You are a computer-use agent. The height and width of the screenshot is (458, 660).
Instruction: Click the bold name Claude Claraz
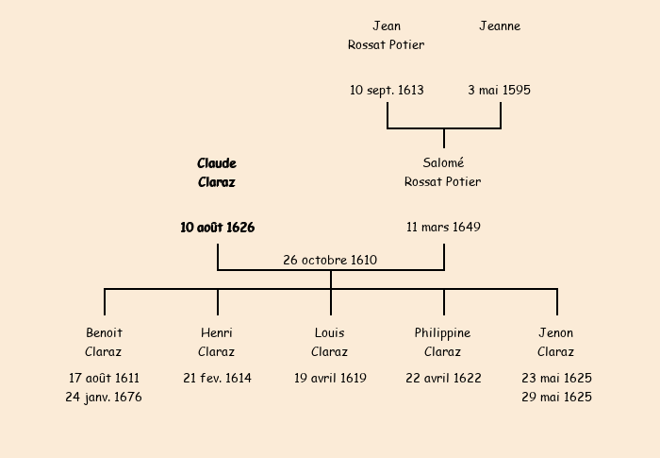pyautogui.click(x=217, y=173)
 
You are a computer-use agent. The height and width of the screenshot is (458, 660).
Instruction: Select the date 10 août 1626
pyautogui.click(x=217, y=228)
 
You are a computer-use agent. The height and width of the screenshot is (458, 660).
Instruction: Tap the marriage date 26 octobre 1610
pyautogui.click(x=330, y=260)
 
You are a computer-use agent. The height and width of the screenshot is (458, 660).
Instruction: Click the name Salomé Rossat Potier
pyautogui.click(x=443, y=173)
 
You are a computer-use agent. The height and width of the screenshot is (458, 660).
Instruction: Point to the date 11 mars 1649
pyautogui.click(x=443, y=228)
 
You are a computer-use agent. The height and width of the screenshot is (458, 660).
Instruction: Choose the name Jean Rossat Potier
pyautogui.click(x=387, y=36)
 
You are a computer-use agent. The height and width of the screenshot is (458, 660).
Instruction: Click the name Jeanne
pyautogui.click(x=500, y=26)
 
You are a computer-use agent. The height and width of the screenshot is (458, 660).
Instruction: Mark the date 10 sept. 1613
pyautogui.click(x=387, y=91)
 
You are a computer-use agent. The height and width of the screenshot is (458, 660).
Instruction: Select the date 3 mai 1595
pyautogui.click(x=499, y=91)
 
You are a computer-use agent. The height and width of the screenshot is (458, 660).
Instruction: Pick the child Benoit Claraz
pyautogui.click(x=104, y=343)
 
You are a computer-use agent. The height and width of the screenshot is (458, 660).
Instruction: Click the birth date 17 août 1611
pyautogui.click(x=104, y=378)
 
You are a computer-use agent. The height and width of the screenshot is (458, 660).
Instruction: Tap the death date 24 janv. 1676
pyautogui.click(x=104, y=398)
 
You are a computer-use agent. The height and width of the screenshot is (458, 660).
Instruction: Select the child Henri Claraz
pyautogui.click(x=217, y=343)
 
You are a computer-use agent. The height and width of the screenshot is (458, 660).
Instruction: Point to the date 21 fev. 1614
pyautogui.click(x=217, y=378)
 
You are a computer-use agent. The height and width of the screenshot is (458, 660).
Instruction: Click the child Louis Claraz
pyautogui.click(x=330, y=343)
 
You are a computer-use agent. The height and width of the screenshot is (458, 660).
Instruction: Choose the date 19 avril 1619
pyautogui.click(x=330, y=378)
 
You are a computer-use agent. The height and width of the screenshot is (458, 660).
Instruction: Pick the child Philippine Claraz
pyautogui.click(x=443, y=343)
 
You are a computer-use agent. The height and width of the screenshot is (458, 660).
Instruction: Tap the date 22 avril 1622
pyautogui.click(x=443, y=378)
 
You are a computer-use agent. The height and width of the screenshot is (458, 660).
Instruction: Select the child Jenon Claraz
pyautogui.click(x=556, y=343)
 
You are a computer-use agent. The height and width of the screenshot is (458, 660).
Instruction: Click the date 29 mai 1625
pyautogui.click(x=556, y=398)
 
